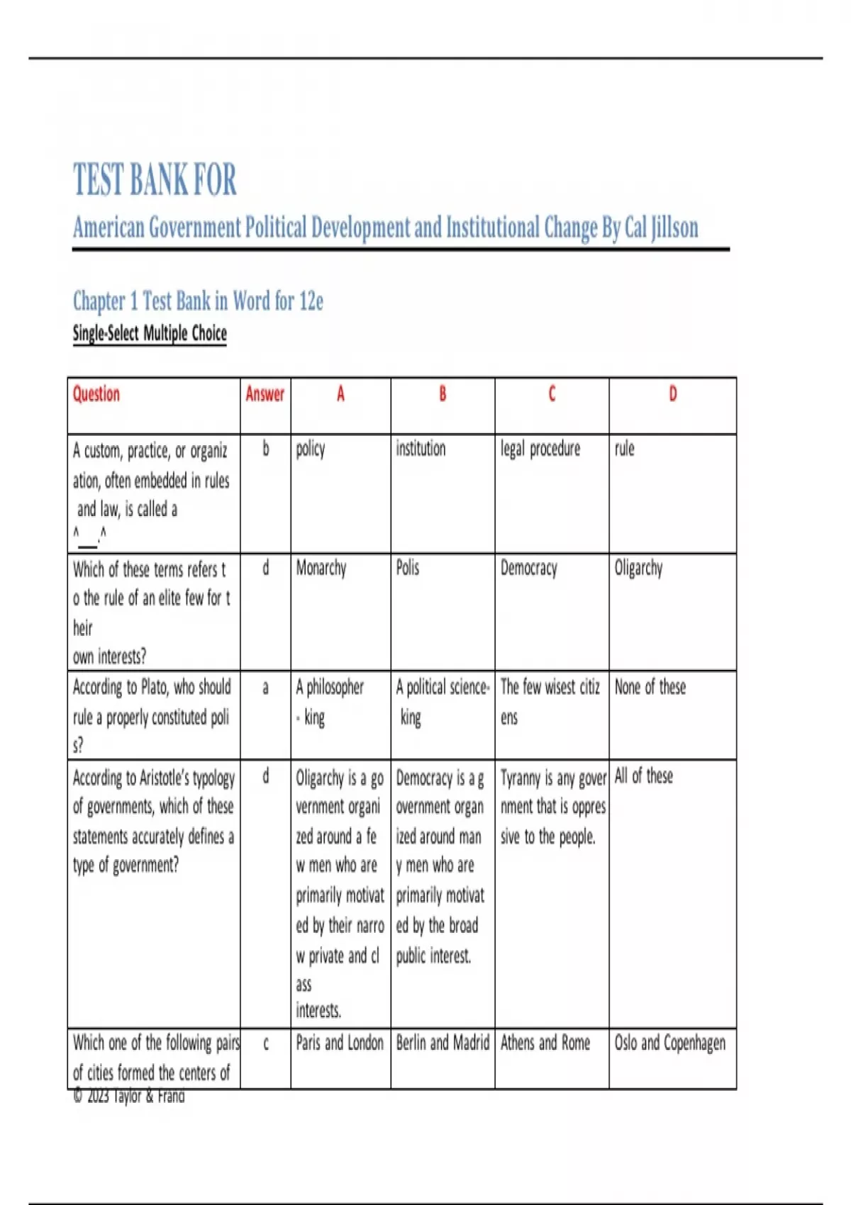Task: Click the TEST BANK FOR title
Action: pos(155,179)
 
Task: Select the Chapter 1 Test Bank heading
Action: pos(198,301)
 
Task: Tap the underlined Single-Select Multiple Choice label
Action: pos(150,333)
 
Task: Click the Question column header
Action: pos(96,394)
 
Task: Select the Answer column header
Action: pos(265,394)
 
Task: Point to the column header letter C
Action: pos(552,394)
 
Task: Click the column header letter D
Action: pos(672,394)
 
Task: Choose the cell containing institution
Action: pos(421,449)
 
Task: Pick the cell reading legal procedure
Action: pos(540,449)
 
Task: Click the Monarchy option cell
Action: pos(321,568)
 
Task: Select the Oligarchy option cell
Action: pos(638,568)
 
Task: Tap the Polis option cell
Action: pos(408,568)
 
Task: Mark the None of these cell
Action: pos(650,687)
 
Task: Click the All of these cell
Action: pos(643,776)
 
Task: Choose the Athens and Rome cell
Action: pos(545,1043)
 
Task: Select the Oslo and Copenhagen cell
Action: pos(669,1043)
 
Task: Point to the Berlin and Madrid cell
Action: pos(443,1043)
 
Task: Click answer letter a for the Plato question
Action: pos(265,688)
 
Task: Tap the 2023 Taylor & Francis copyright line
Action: pos(129,1097)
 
